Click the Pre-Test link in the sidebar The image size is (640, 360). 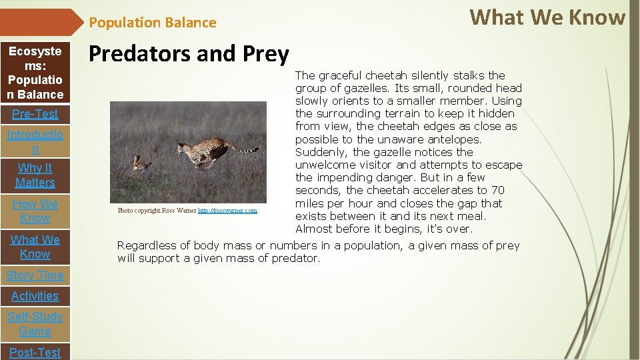click(x=35, y=114)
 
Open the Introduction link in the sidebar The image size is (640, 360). click(x=35, y=142)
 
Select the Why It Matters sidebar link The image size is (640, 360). click(x=35, y=175)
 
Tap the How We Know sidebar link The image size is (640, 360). click(x=35, y=211)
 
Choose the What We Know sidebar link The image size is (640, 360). click(x=35, y=247)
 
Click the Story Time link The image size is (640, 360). click(x=35, y=275)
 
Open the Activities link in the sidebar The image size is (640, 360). click(x=35, y=296)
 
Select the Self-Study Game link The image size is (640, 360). click(x=35, y=324)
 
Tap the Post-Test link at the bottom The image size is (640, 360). click(x=35, y=352)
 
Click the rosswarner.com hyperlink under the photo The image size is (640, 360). click(x=227, y=211)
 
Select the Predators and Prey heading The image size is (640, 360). click(x=189, y=53)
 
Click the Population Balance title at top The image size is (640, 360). click(x=153, y=23)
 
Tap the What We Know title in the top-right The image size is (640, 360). click(x=547, y=17)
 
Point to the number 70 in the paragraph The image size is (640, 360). click(x=497, y=191)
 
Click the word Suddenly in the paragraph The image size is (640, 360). click(x=322, y=152)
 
